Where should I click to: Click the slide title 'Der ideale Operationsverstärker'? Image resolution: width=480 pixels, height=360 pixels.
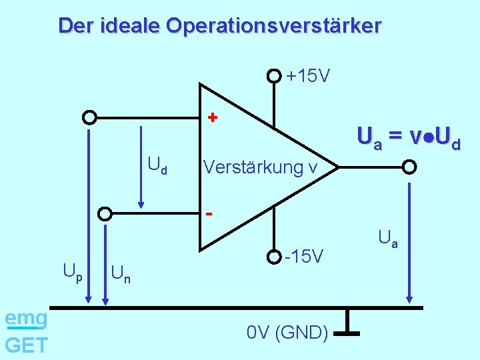coord(219,26)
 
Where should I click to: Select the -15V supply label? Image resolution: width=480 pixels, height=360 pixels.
coord(304,256)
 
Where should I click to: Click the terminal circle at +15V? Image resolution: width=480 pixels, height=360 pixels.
coord(274,76)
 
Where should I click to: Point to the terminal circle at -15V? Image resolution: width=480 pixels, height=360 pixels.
coord(274,256)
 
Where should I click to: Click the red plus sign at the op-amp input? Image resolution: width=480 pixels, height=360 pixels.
coord(212,118)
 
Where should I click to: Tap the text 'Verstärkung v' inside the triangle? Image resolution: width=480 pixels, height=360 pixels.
coord(259,166)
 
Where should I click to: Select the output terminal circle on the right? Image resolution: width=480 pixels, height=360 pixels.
coord(410,167)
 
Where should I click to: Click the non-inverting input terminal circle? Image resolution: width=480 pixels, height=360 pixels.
coord(89,118)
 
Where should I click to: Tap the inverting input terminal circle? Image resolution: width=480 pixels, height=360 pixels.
coord(105,214)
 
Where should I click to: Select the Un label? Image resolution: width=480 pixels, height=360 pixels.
coord(121,273)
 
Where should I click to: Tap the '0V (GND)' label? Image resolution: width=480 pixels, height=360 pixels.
coord(287,332)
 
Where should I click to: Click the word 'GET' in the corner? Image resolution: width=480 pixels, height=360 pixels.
coord(26,345)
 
